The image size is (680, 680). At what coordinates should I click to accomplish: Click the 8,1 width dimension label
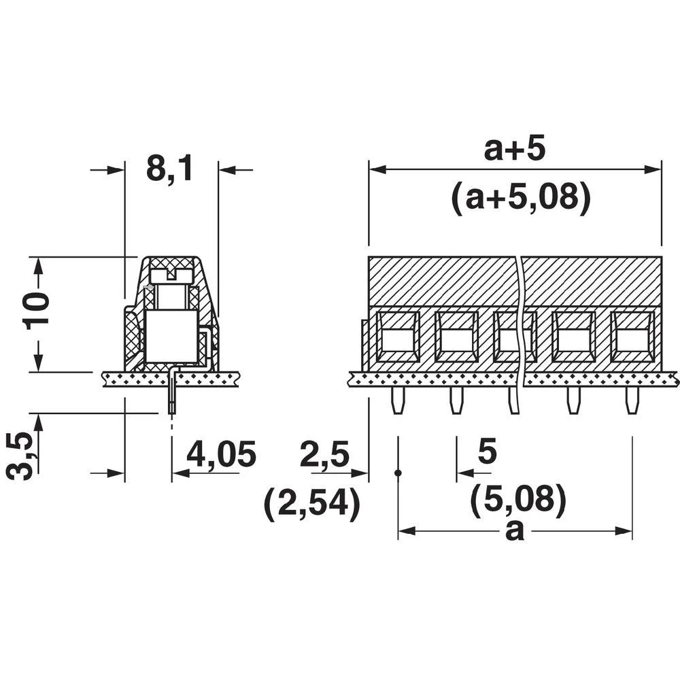pos(169,169)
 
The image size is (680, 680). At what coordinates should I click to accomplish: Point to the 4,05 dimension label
pos(221,455)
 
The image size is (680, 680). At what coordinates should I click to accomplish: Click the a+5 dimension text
pos(514,149)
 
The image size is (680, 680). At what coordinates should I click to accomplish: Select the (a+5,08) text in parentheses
pos(520,198)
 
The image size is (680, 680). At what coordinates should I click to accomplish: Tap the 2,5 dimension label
pos(324,454)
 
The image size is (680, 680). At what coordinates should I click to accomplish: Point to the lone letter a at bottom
pos(515,530)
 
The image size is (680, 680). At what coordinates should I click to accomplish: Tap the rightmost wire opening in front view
pos(632,337)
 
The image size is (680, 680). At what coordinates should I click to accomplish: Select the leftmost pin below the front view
pos(396,402)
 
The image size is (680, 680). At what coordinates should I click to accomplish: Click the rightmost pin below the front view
pos(632,402)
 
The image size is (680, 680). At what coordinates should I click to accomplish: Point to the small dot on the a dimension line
pos(398,472)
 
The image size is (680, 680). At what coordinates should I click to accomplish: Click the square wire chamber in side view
pos(171,336)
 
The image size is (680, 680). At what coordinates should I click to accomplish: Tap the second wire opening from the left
pos(456,337)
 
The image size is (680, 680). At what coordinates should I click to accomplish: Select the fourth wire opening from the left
pos(573,337)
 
